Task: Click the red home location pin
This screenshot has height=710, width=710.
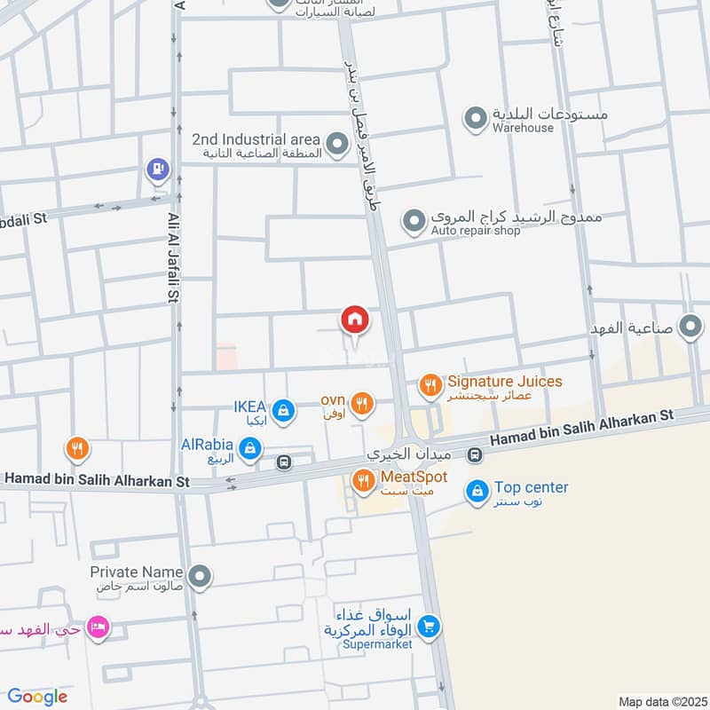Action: [354, 319]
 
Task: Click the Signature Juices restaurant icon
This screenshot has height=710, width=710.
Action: [430, 384]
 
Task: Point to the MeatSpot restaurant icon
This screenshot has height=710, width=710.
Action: [363, 481]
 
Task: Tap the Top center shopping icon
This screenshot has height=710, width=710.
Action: [477, 490]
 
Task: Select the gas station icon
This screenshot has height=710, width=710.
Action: [158, 168]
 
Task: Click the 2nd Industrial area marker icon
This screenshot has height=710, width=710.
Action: [336, 143]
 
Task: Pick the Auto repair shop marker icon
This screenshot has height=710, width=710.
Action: [414, 220]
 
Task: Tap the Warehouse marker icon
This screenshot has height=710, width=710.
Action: [477, 117]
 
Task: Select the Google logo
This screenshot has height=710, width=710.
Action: [36, 697]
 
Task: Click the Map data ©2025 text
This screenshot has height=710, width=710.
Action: [660, 701]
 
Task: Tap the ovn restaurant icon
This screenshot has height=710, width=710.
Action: [361, 404]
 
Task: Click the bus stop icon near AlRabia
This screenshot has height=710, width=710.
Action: [284, 461]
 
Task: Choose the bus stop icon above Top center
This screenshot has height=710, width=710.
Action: [476, 456]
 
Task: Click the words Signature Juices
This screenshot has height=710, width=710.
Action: [504, 381]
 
